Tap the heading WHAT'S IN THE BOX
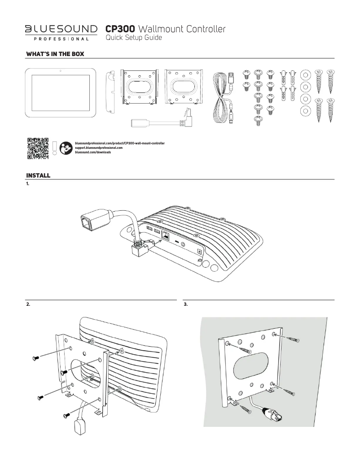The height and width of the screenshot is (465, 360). tap(56, 54)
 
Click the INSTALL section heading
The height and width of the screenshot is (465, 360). tap(38, 175)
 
